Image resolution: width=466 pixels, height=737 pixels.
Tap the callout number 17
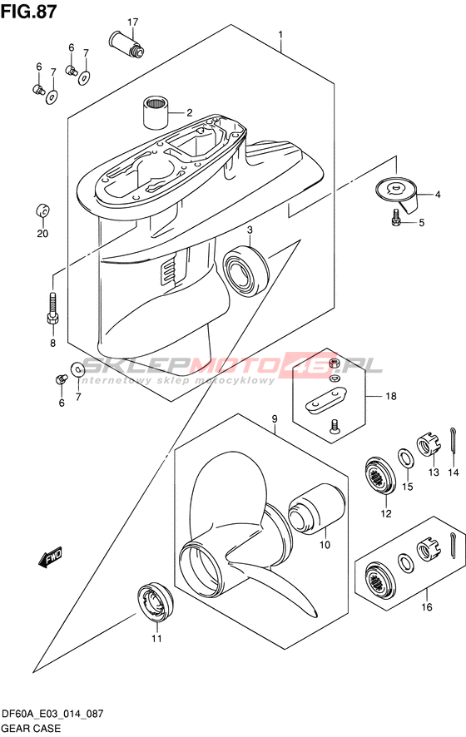tap(132, 22)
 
